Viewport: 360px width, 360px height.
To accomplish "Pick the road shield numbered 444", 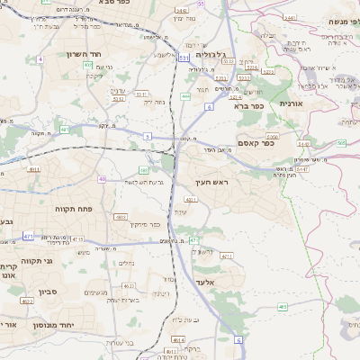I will tap(185, 95).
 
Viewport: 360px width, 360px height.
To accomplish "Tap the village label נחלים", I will tap(125, 262).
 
